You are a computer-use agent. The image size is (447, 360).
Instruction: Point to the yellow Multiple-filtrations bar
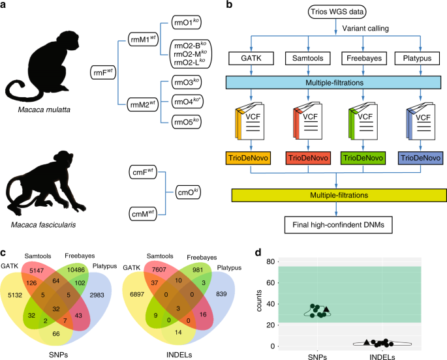click(335, 196)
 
